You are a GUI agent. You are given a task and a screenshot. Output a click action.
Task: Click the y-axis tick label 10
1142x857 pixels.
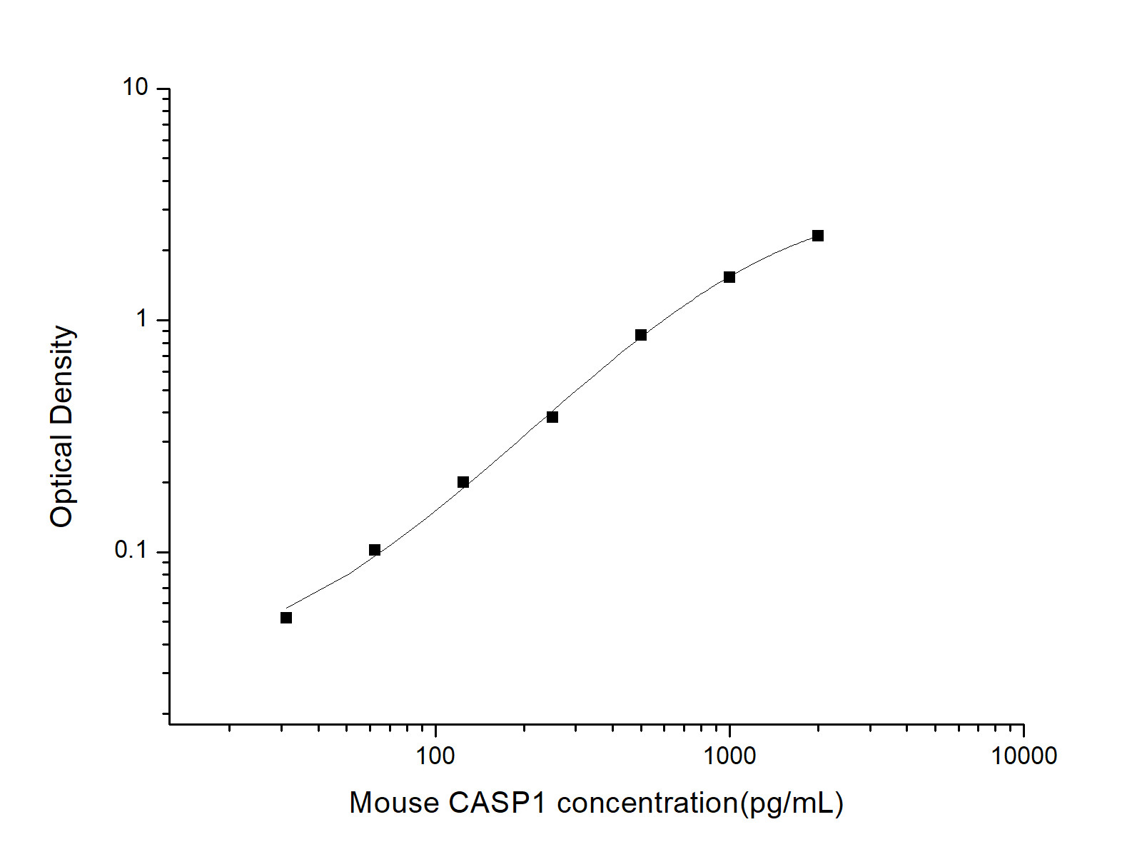point(135,88)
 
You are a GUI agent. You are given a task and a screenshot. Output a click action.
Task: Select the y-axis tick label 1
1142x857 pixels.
point(142,319)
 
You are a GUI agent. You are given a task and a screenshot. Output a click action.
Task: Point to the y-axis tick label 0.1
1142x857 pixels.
point(131,550)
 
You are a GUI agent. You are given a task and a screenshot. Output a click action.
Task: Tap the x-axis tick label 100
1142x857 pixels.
point(435,756)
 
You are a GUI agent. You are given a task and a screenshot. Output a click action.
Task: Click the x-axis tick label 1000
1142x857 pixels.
point(729,756)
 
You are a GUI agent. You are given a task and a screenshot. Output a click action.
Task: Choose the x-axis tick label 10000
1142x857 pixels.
point(1024,756)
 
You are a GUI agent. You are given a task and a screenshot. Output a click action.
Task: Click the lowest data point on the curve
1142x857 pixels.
point(286,618)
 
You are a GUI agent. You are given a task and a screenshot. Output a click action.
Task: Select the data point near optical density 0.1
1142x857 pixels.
point(375,550)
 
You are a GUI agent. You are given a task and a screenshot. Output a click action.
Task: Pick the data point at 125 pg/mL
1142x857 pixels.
point(463,482)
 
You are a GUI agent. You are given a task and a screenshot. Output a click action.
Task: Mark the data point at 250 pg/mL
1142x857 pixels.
point(552,417)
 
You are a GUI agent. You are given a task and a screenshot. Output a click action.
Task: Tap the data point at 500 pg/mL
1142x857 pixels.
point(641,335)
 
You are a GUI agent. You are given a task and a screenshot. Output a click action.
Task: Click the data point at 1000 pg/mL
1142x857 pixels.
point(729,277)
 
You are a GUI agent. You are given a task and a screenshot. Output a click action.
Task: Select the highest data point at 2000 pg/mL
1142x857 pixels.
point(818,236)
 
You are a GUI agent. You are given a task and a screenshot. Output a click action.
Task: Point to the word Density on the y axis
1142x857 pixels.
point(63,371)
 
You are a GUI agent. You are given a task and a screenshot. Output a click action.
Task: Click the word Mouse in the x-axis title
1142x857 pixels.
point(394,803)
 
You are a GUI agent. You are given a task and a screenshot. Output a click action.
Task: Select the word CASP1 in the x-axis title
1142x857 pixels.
point(497,803)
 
